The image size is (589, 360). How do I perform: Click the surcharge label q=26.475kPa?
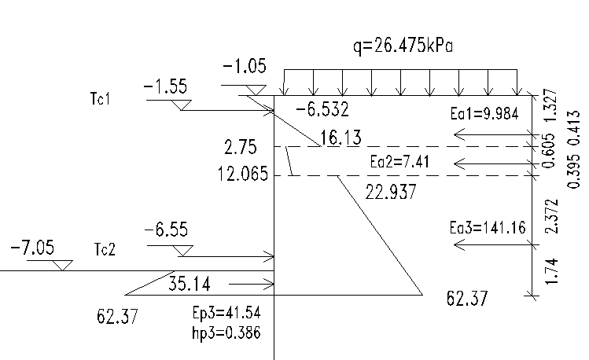point(403,46)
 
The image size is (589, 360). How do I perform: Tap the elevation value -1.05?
point(245,67)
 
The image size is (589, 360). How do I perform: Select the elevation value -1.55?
point(165,86)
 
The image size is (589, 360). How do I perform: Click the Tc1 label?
point(101,98)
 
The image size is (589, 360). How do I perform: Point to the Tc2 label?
point(105,249)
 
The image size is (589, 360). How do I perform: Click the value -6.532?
point(322,109)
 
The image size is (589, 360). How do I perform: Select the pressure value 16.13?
point(341,138)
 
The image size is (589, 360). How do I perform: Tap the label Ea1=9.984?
point(484,113)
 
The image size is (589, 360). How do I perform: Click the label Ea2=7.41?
point(399,162)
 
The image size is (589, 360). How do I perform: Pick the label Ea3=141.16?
point(488,227)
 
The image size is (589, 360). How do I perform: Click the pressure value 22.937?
point(391,192)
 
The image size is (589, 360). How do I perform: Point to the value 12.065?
point(243,174)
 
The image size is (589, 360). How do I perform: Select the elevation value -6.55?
point(166,230)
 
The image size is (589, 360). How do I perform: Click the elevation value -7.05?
point(32,248)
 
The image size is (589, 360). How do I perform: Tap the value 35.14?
point(190,284)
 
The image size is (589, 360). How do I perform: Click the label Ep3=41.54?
point(226,313)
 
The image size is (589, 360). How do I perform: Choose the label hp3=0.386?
point(226,333)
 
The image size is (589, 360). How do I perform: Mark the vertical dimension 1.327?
point(550,105)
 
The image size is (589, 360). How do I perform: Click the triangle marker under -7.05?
point(62,265)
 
